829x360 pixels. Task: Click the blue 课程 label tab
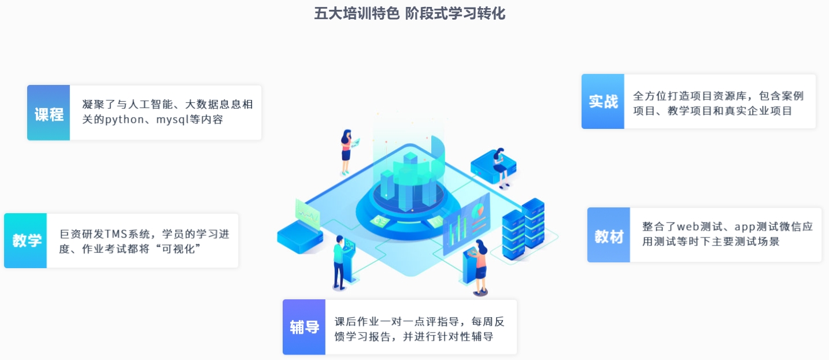point(49,113)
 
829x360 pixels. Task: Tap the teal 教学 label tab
point(25,240)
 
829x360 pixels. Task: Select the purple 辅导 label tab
point(304,327)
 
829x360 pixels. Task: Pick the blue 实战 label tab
point(603,101)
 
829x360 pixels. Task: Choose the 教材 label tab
point(608,235)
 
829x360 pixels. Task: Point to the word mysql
point(173,120)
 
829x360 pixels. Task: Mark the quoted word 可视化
point(178,249)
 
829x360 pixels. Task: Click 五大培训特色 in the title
point(357,14)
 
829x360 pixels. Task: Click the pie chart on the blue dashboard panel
point(478,211)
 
